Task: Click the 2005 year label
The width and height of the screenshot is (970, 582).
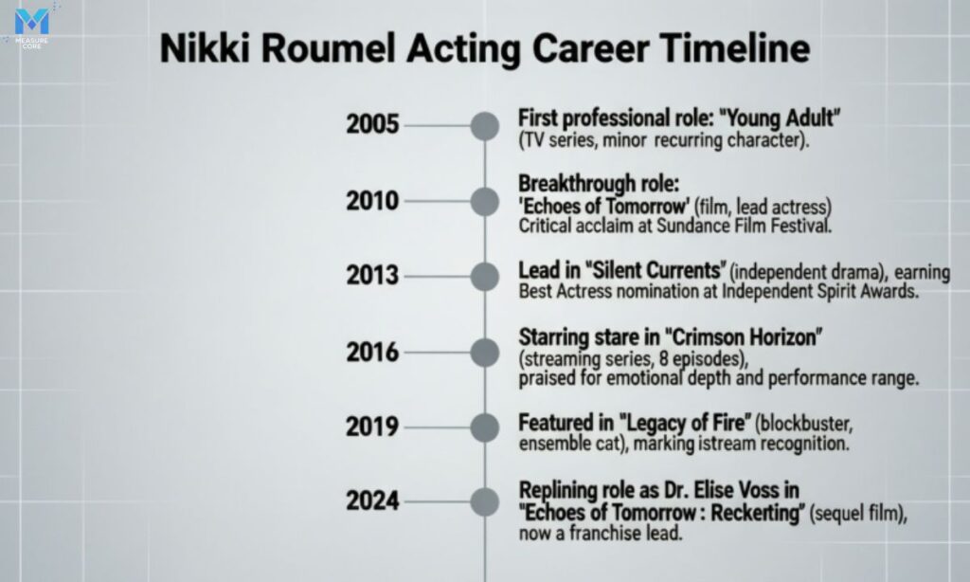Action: [373, 125]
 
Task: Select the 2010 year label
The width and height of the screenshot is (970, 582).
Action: [373, 201]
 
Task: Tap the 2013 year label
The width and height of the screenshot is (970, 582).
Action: [373, 276]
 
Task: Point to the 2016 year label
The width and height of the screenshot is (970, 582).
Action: [373, 352]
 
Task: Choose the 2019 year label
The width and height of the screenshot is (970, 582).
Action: [373, 427]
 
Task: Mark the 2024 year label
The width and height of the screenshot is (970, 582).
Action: [373, 501]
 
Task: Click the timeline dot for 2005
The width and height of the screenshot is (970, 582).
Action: [485, 125]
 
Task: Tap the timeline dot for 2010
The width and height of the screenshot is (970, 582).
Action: [485, 201]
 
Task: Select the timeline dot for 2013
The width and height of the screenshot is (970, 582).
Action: [485, 276]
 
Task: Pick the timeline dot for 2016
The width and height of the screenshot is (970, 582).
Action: [485, 352]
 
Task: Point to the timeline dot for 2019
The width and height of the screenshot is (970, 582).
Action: [485, 427]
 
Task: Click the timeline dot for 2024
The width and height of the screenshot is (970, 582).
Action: [485, 501]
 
